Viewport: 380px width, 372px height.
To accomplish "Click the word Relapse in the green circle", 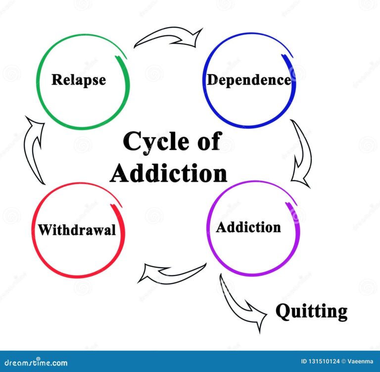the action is point(79,80).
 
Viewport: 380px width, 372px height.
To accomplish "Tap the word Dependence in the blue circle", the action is point(249,80).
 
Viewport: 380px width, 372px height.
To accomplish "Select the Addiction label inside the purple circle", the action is point(248,228).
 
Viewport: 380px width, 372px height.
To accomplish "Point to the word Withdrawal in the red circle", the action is point(77,230).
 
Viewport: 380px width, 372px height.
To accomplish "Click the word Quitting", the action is point(312,312).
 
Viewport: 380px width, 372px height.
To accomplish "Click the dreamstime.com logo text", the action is point(36,363).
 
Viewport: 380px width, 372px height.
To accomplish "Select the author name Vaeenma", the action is point(360,361).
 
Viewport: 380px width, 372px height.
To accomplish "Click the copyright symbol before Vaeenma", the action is point(344,361).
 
